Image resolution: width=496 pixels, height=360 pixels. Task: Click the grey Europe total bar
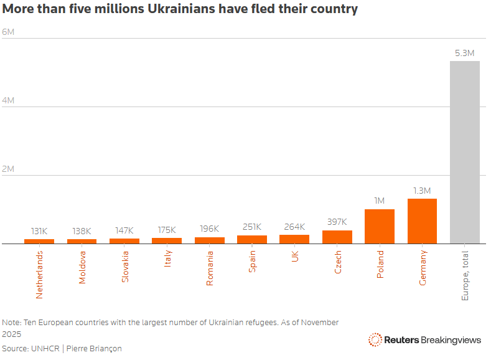tap(464, 152)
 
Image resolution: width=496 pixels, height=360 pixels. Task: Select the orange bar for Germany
tap(422, 221)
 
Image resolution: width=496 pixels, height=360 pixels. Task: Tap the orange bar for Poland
tap(380, 226)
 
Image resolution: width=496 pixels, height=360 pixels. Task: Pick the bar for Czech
tap(337, 237)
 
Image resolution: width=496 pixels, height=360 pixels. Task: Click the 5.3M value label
tap(464, 53)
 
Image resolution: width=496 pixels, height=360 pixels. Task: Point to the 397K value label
tap(337, 222)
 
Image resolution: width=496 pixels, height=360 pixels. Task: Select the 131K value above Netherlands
tap(39, 231)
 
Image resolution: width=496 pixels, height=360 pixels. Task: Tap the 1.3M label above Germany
tap(422, 190)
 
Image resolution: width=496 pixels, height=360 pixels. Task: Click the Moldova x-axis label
tap(82, 267)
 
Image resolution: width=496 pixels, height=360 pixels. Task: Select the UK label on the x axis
tap(295, 256)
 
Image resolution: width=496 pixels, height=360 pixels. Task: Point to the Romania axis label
tap(210, 268)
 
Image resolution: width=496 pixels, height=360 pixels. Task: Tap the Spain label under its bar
tap(252, 261)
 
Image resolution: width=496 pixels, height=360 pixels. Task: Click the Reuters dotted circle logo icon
tap(375, 339)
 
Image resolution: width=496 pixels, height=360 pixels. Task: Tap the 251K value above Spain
tap(252, 227)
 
